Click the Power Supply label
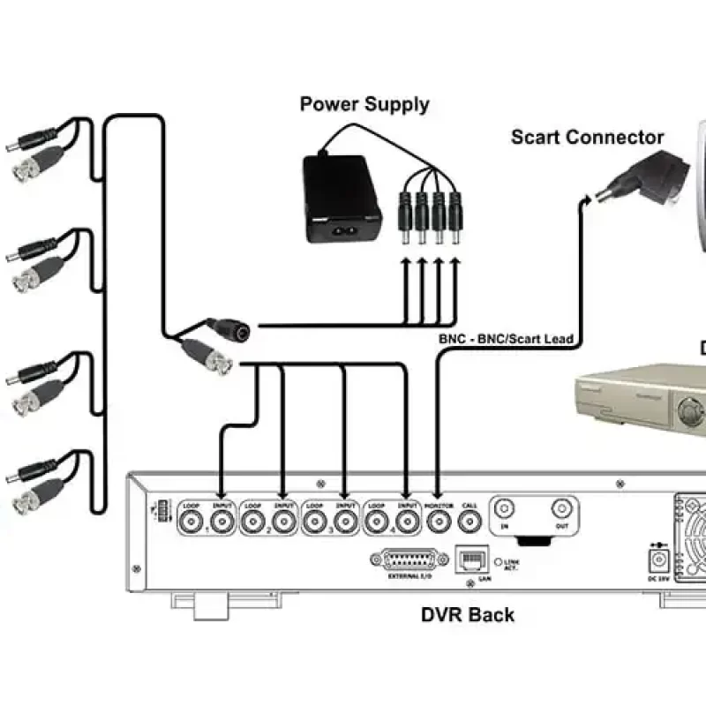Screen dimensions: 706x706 click(x=364, y=104)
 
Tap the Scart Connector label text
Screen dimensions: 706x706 click(x=587, y=138)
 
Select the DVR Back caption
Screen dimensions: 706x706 click(x=467, y=614)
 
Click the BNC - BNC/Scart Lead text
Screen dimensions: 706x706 click(x=506, y=339)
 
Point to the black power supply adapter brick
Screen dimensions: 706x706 click(x=342, y=199)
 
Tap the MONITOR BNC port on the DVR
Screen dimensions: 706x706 click(x=438, y=522)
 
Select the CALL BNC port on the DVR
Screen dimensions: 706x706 click(x=469, y=522)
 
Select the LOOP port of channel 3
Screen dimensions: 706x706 click(x=315, y=522)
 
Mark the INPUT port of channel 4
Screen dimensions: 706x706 click(x=407, y=522)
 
